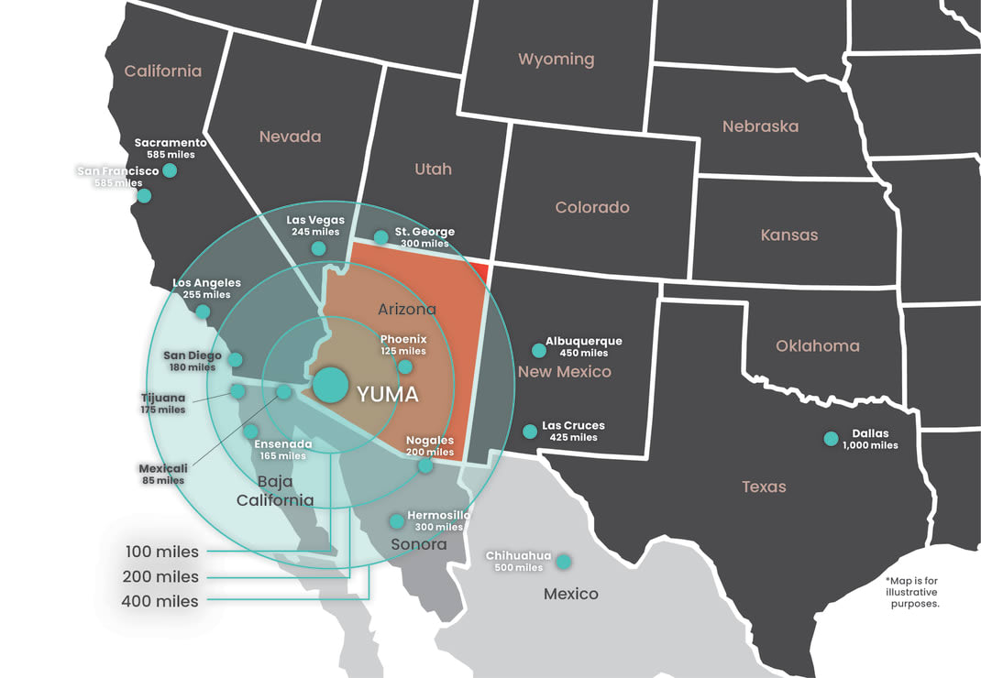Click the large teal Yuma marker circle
pos(330,385)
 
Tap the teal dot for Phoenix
pos(404,366)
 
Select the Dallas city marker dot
pos(831,439)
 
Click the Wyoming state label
pos(556,60)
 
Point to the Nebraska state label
pos(760,126)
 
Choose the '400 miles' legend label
pos(160,601)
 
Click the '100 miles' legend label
pos(161,552)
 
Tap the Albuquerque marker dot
pos(539,350)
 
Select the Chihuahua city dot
pos(564,561)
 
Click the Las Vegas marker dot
pos(318,248)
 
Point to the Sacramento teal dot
pos(170,170)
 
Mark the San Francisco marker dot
pos(144,195)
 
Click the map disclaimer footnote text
pos(914,592)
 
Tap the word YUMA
pos(388,395)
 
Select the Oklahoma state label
pos(817,346)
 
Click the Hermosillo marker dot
pos(396,521)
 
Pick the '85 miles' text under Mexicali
pos(164,480)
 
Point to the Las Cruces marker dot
pos(529,431)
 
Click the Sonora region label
pos(419,544)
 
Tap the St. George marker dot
pos(380,237)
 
